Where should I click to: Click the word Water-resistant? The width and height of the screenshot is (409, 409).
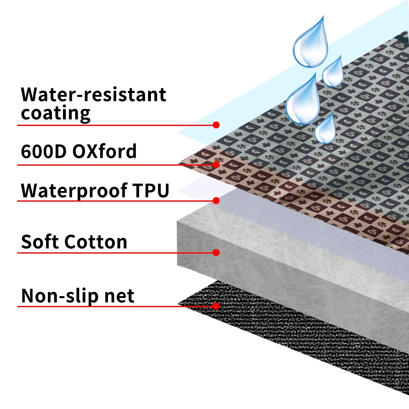click(x=94, y=94)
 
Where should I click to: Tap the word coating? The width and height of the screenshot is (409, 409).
click(x=56, y=113)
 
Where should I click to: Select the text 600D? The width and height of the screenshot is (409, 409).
click(x=44, y=152)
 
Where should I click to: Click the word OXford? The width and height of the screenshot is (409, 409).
click(x=104, y=152)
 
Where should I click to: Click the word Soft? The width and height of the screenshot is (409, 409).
click(x=40, y=242)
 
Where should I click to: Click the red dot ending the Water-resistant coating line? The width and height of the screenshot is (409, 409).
click(x=216, y=125)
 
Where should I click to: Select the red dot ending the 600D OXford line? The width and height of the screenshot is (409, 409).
click(x=216, y=165)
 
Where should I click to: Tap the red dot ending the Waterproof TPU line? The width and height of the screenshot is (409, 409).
click(x=216, y=200)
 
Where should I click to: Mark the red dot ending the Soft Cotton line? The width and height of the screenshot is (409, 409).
click(x=216, y=252)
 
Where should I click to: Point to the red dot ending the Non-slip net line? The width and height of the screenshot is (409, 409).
click(x=216, y=306)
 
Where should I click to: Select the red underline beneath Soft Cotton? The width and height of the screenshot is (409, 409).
click(x=115, y=253)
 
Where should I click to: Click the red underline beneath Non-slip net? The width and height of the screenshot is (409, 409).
click(x=115, y=306)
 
